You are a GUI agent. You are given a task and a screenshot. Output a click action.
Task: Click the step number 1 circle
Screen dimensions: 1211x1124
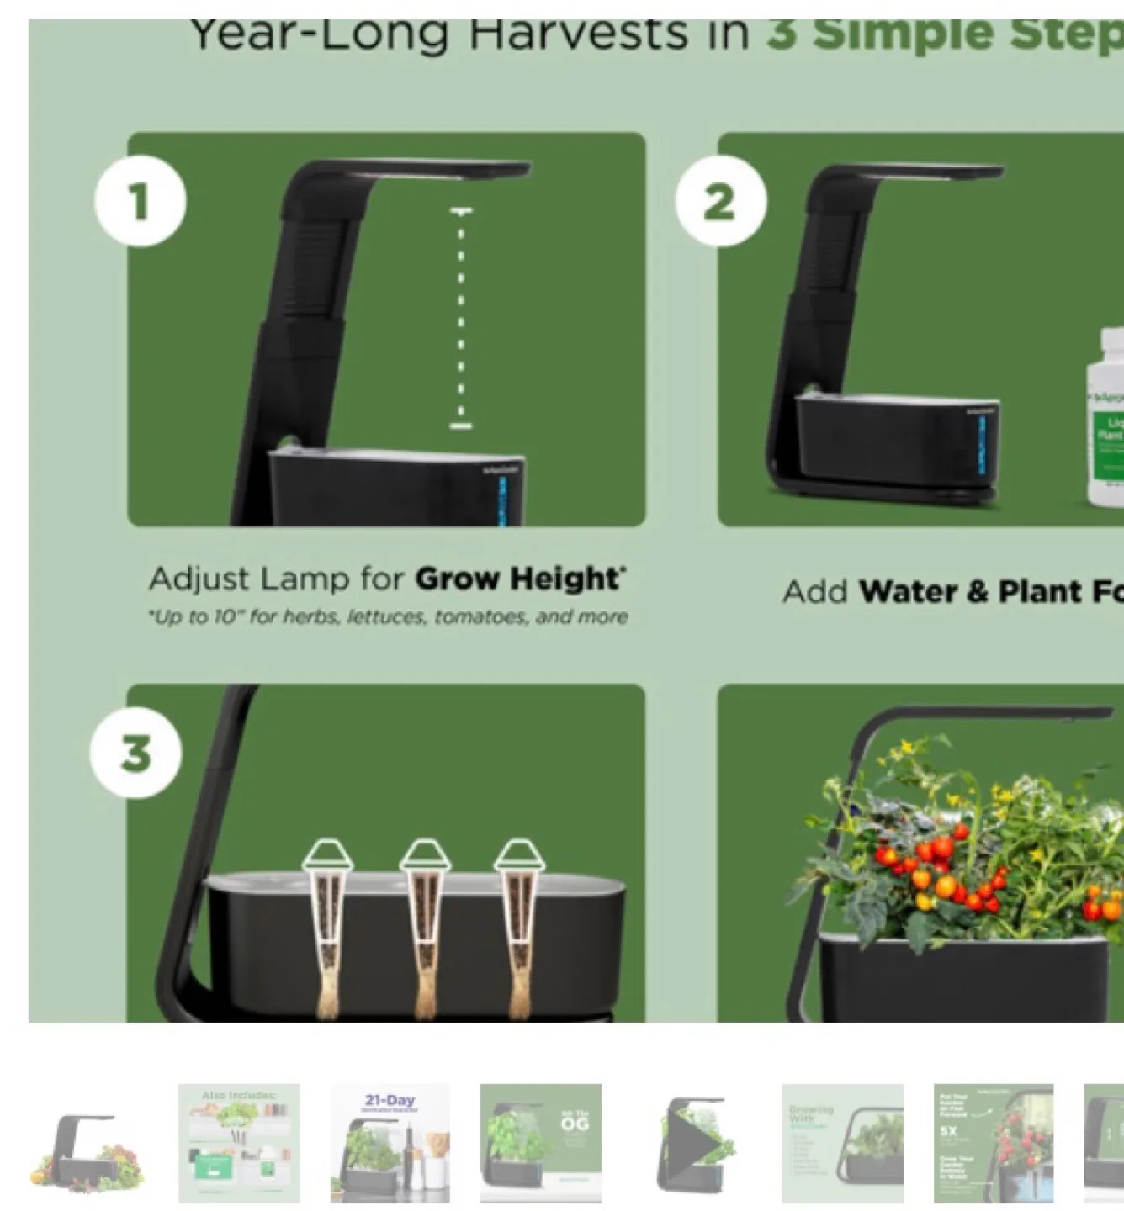pyautogui.click(x=140, y=202)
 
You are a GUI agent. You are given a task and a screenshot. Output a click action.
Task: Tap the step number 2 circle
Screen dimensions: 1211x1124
pyautogui.click(x=721, y=202)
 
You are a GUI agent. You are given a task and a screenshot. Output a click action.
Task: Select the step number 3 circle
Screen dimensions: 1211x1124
pyautogui.click(x=135, y=752)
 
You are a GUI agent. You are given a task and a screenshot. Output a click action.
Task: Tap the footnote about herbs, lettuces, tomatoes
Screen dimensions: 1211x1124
pyautogui.click(x=388, y=617)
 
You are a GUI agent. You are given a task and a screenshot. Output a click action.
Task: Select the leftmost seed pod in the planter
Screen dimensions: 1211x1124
pyautogui.click(x=328, y=925)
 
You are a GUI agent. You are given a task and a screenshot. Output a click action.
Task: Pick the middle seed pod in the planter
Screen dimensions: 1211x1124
pyautogui.click(x=425, y=925)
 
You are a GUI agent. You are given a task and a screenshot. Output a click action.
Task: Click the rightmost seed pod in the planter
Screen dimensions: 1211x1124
pyautogui.click(x=520, y=925)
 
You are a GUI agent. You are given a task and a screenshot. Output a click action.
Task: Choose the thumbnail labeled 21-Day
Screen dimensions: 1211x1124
pyautogui.click(x=390, y=1144)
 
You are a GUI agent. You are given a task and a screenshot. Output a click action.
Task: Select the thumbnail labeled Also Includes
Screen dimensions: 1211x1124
pyautogui.click(x=239, y=1144)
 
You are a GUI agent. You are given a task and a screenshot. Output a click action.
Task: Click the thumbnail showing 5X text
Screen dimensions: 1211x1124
pyautogui.click(x=994, y=1144)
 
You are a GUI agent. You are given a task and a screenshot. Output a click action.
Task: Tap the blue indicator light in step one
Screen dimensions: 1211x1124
pyautogui.click(x=503, y=500)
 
